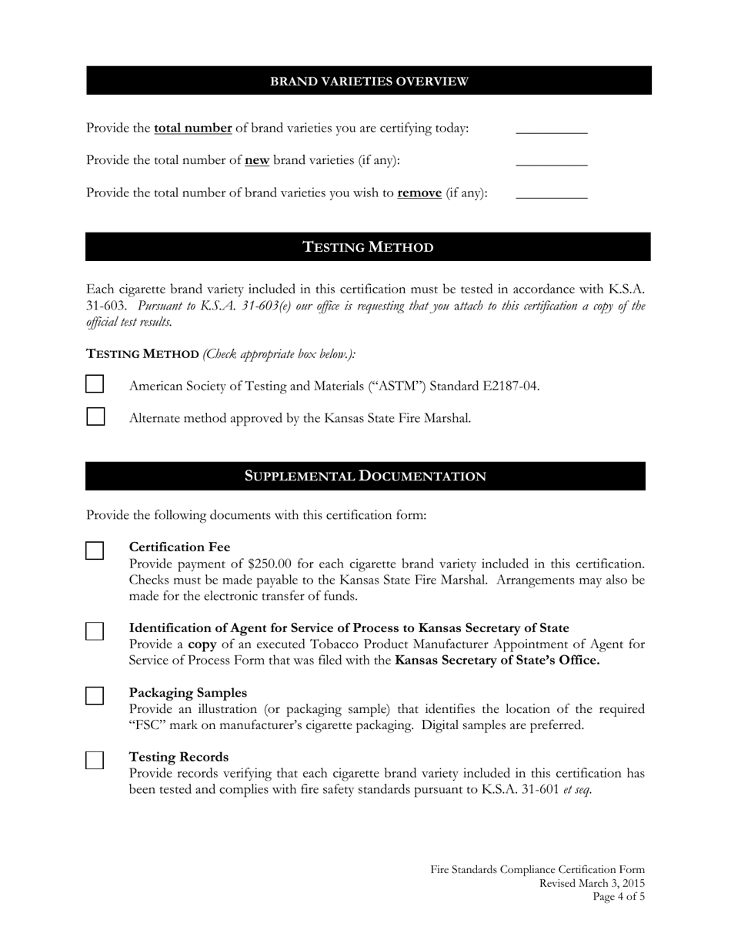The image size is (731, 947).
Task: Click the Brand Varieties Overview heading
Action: pos(369,81)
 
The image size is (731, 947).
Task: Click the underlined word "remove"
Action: pos(419,192)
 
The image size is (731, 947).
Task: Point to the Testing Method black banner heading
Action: pos(368,247)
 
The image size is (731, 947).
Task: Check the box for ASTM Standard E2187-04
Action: pos(95,384)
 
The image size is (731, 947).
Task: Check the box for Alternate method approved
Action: pos(95,417)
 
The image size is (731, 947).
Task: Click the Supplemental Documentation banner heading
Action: pos(365,476)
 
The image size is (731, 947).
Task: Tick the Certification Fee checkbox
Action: pos(95,550)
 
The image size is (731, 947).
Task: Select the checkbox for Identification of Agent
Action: pos(95,631)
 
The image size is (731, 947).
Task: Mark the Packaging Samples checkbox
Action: pos(95,696)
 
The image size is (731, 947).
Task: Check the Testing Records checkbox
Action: pos(95,761)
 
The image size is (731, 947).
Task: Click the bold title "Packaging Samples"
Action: pos(188,693)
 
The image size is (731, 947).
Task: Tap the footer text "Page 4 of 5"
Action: pos(618,897)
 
